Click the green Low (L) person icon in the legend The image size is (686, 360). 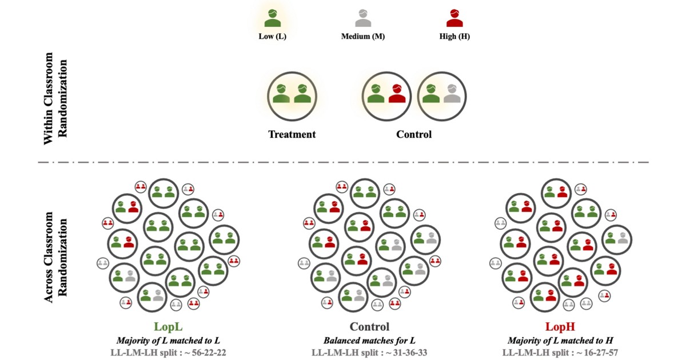point(273,19)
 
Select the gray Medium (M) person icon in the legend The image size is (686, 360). point(363,19)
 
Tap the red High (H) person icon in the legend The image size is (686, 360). point(454,19)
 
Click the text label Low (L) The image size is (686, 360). point(273,37)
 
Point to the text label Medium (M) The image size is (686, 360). point(363,37)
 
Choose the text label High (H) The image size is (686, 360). point(454,37)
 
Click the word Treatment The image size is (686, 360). point(292,135)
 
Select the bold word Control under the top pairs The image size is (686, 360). point(414,135)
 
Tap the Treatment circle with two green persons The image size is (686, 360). point(292,95)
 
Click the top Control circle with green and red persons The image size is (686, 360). point(387,95)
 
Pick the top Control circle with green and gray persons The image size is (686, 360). point(442,95)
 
